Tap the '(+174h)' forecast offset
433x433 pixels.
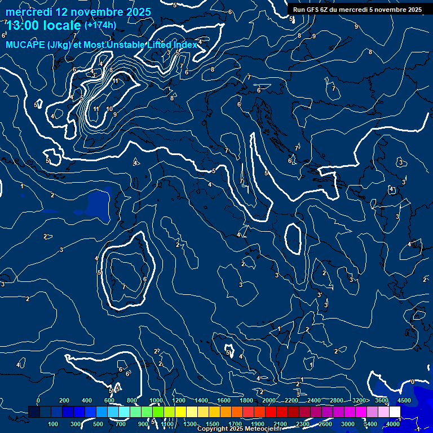100,25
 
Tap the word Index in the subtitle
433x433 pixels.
185,45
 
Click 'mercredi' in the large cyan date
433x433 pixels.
28,11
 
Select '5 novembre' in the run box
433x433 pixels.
391,10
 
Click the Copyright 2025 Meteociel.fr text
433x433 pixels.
243,429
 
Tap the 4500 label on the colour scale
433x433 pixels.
404,400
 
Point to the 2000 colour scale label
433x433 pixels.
269,400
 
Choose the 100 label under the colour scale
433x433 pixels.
54,423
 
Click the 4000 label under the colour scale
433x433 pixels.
394,423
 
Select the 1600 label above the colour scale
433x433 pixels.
223,400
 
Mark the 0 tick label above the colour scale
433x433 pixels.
38,400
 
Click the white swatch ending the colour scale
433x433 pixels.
395,412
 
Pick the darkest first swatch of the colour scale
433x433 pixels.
34,412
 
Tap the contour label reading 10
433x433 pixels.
109,109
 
